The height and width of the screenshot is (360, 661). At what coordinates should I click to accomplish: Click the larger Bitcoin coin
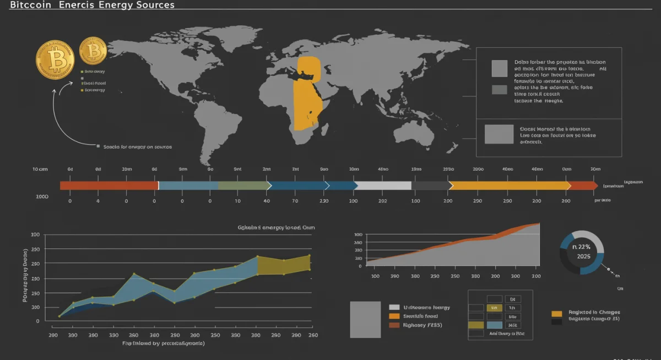(x=55, y=59)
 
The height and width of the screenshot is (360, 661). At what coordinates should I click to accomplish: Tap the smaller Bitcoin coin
(x=93, y=51)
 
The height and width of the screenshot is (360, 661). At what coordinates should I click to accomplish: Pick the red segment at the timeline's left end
(x=109, y=186)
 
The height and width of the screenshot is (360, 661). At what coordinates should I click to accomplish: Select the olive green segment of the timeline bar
(x=242, y=186)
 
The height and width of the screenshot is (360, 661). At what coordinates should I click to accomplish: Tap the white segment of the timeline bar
(x=383, y=186)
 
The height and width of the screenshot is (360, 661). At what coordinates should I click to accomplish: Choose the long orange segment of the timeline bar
(x=510, y=186)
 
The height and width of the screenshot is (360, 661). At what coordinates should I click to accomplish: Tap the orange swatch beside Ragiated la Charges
(x=557, y=313)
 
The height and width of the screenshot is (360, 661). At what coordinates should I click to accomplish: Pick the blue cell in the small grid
(x=494, y=325)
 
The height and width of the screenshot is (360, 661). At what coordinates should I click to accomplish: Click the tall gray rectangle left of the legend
(x=365, y=319)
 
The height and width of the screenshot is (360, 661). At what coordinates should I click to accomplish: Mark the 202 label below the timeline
(x=383, y=201)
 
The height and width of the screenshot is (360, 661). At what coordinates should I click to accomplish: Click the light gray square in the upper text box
(x=499, y=68)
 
